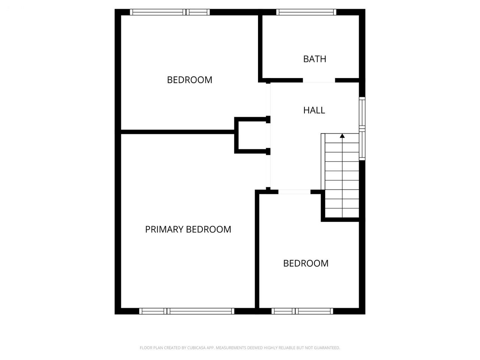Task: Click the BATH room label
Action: click(315, 59)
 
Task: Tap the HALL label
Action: click(314, 110)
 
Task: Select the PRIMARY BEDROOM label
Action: click(188, 229)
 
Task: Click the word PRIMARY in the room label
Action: click(164, 229)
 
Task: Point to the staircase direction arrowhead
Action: click(342, 136)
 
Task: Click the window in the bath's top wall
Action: click(306, 12)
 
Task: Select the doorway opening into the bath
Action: click(319, 80)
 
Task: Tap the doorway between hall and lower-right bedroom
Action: click(294, 192)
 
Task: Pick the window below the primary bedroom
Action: click(186, 311)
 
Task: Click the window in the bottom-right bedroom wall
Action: click(302, 311)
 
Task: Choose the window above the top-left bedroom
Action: click(170, 12)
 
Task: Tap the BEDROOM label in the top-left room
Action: click(190, 80)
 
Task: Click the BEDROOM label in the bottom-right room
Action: click(306, 263)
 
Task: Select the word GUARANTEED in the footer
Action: click(329, 348)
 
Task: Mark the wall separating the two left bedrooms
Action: click(178, 132)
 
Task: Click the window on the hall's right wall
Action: click(362, 129)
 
